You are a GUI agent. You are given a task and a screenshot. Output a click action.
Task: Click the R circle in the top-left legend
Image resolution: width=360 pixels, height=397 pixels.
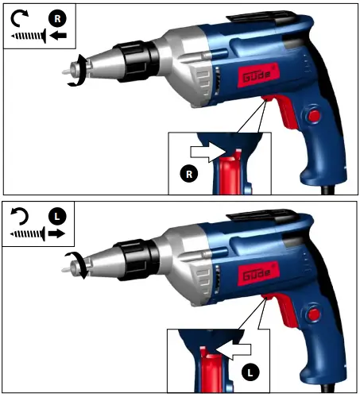54,16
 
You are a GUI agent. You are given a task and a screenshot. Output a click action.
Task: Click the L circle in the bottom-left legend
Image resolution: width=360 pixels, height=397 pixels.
56,215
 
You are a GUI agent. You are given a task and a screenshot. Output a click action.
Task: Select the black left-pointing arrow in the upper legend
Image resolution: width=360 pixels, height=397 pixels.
56,35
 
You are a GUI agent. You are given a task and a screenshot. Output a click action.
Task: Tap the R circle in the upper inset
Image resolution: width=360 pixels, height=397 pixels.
188,173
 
